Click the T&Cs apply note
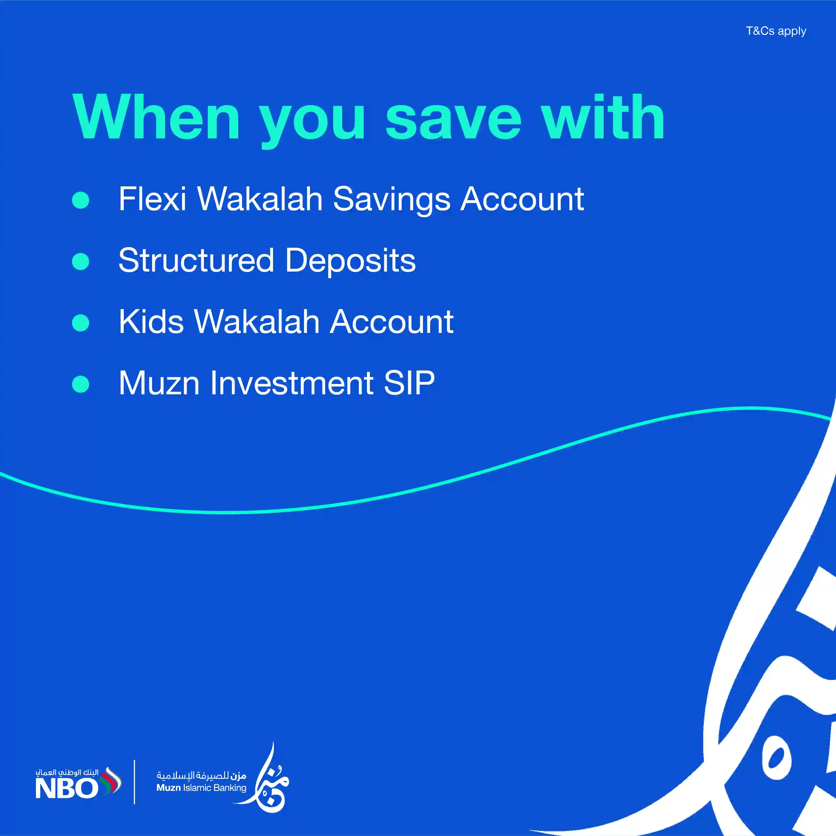click(x=776, y=31)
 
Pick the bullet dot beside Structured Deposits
click(x=80, y=261)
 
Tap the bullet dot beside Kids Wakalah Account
click(x=80, y=323)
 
